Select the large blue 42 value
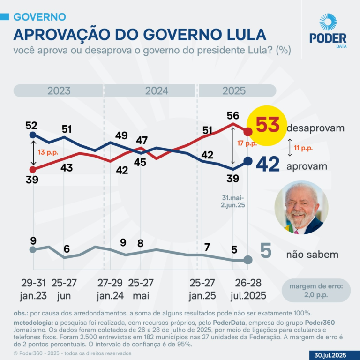(268, 164)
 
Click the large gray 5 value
(266, 252)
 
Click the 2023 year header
(59, 90)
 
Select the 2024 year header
(157, 90)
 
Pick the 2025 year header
(234, 90)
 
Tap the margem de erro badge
(316, 291)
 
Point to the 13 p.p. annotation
(47, 152)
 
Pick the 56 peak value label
(233, 115)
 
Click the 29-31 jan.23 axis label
(32, 289)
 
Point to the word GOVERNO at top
(39, 17)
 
